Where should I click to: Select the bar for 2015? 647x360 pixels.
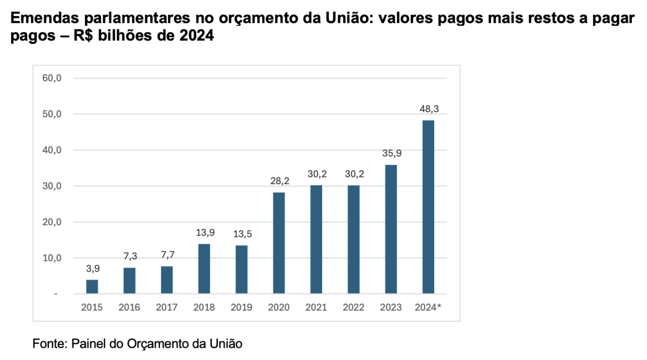(92, 287)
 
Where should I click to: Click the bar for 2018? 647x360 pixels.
(204, 269)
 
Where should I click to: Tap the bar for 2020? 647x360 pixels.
(279, 243)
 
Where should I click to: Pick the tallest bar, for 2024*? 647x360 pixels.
(428, 207)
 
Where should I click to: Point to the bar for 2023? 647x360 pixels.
(391, 229)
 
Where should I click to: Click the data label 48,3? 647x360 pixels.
(428, 109)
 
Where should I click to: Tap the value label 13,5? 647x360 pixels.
(242, 234)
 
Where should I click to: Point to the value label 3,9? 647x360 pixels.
(92, 268)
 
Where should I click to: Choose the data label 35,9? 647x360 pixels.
(391, 154)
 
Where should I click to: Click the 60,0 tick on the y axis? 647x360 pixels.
(52, 78)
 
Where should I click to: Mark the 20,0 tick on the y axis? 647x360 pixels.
(52, 222)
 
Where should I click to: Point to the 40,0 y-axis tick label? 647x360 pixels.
(52, 150)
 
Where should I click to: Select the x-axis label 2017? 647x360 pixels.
(167, 307)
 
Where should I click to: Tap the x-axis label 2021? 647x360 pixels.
(316, 307)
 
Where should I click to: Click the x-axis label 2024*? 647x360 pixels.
(428, 307)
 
